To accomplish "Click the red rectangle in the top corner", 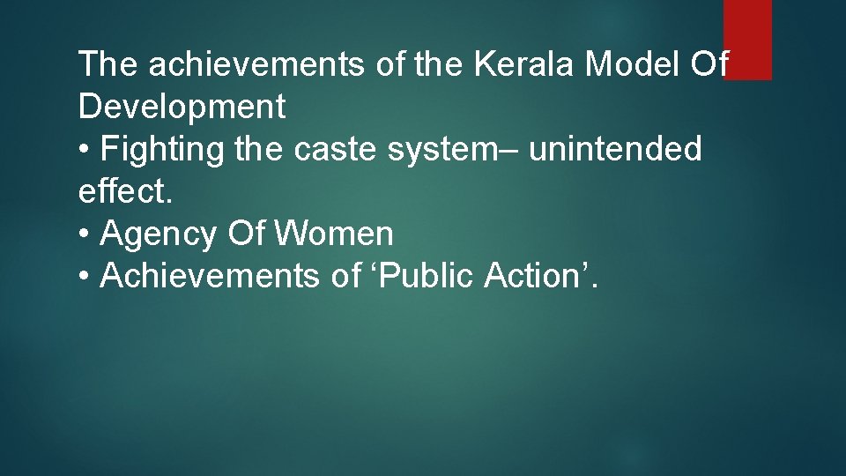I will click(x=747, y=39).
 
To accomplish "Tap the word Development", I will click(x=182, y=107).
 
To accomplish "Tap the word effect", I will click(x=122, y=191).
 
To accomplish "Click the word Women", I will click(x=334, y=234).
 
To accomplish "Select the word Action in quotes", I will click(x=536, y=276).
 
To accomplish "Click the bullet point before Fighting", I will click(x=85, y=150).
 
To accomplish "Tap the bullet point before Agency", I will click(x=85, y=234).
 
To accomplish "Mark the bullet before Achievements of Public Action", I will click(x=85, y=276).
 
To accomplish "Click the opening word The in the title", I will click(x=107, y=64).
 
